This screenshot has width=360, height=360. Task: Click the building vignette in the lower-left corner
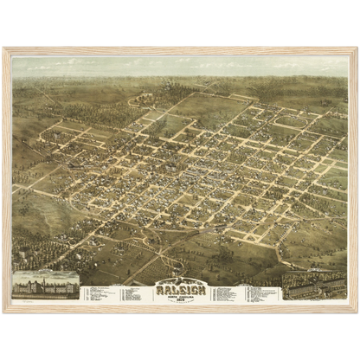pos(45,286)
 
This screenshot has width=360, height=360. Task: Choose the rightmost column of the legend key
pos(260,293)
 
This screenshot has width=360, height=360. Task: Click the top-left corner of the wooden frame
pos(3,48)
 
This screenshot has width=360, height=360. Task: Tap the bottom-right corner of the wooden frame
pos(357,312)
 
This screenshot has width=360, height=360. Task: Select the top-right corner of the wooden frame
pos(357,48)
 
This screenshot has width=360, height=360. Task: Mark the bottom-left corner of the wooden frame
pos(3,312)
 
